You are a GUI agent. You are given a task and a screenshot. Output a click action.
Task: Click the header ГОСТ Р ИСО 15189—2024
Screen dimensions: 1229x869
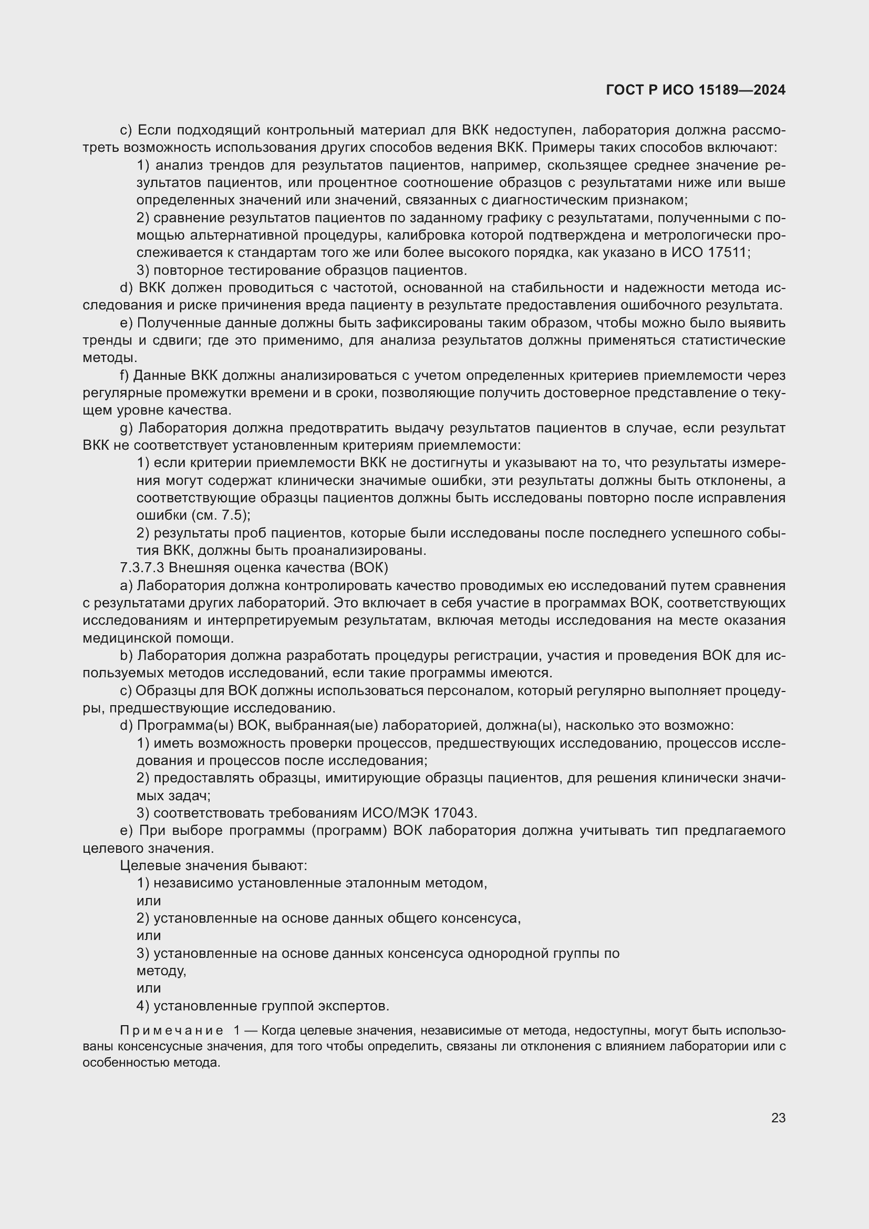coord(696,90)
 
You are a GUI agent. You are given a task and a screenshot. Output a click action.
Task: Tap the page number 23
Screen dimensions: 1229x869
coord(778,1118)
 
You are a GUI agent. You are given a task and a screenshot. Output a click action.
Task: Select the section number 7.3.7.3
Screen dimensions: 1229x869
coord(142,567)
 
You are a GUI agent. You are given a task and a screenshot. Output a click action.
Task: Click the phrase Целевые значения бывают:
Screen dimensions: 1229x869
coord(213,865)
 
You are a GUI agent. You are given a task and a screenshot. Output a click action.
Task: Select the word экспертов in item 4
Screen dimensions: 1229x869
coord(354,1006)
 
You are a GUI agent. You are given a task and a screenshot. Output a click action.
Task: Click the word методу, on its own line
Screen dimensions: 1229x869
coord(162,970)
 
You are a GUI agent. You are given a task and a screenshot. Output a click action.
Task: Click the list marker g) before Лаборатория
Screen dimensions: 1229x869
coord(126,428)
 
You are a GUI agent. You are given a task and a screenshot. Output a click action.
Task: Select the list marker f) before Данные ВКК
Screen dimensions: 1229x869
coord(125,376)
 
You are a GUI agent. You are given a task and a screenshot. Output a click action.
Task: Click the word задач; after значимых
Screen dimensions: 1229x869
coord(184,796)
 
